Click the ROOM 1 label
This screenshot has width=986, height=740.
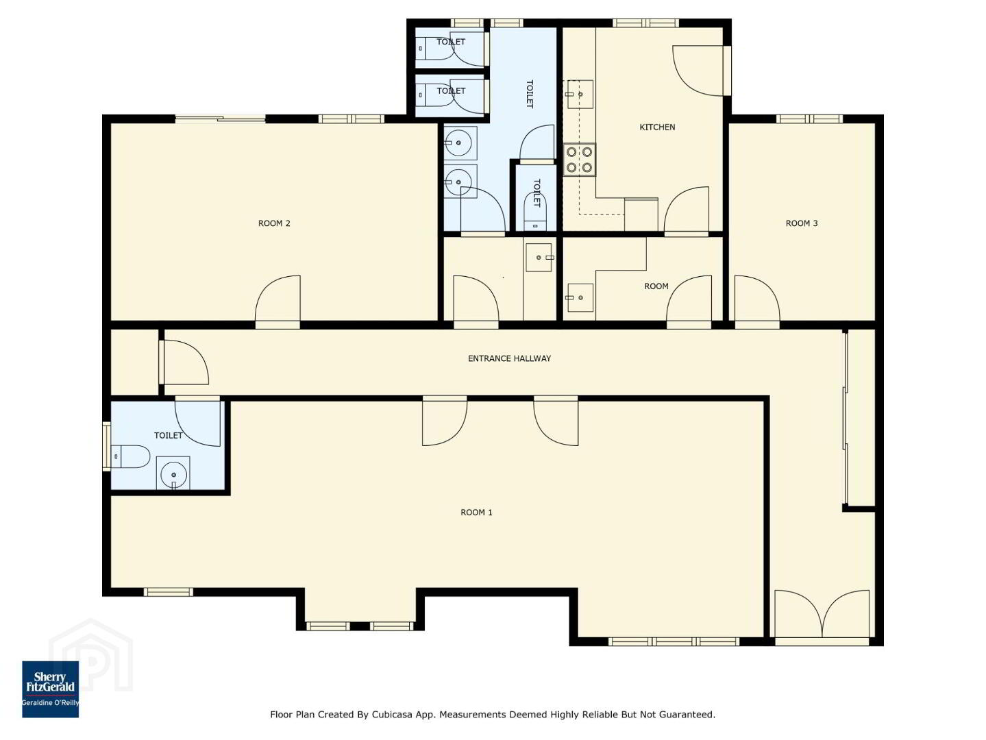476,513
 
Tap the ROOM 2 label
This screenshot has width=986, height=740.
274,223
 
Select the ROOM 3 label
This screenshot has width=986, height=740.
802,223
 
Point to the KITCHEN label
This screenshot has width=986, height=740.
657,127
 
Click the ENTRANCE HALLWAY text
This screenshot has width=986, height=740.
509,358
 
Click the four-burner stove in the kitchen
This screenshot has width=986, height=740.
579,160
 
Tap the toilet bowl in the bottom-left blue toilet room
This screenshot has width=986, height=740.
130,456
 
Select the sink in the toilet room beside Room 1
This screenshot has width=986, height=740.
173,473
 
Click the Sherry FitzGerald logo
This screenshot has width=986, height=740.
50,689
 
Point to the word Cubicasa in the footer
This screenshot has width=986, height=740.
389,715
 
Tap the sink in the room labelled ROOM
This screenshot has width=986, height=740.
580,297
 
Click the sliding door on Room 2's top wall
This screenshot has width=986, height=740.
220,119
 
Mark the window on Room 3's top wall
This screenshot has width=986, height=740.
809,119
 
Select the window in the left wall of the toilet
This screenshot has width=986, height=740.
106,446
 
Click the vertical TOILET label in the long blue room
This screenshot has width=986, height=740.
530,94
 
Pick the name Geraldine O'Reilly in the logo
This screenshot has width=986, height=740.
50,703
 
